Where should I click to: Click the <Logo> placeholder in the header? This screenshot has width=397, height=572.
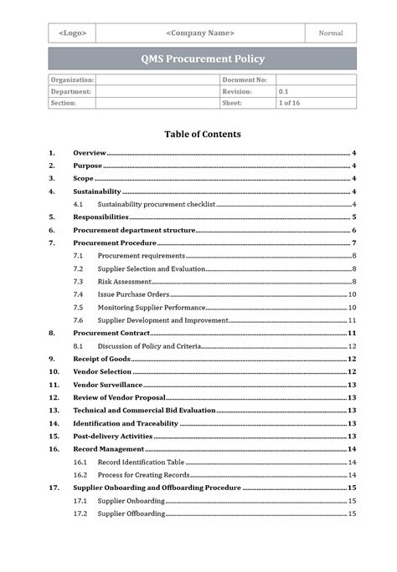(x=71, y=33)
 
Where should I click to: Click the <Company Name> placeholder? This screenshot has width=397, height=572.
(x=200, y=33)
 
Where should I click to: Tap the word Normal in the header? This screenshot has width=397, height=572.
(x=331, y=33)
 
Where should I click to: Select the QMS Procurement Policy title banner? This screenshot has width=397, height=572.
(x=202, y=59)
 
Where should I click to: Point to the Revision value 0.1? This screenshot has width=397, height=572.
(x=284, y=91)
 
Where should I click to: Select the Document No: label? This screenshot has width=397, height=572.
(x=245, y=79)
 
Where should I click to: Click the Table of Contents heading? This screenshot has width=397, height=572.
(x=202, y=134)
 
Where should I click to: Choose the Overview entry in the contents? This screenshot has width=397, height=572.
(x=90, y=153)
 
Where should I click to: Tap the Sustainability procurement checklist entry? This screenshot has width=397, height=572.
(x=156, y=204)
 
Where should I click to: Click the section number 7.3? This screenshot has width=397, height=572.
(x=78, y=281)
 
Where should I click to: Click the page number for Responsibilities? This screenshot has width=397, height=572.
(x=354, y=217)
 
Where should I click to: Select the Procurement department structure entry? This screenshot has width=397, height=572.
(x=134, y=230)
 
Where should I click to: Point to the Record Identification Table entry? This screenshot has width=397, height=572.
(x=141, y=462)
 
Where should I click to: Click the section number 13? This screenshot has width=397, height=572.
(x=54, y=411)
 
